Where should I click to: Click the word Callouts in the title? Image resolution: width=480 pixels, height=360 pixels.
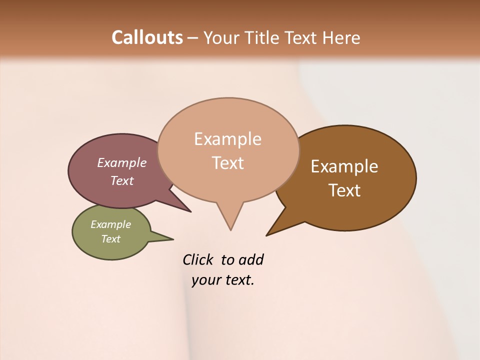(147, 37)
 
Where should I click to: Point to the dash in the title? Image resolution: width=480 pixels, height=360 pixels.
(193, 38)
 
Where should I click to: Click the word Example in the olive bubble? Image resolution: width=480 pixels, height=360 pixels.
(110, 224)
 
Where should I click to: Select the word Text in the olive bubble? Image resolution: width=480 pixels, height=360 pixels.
(110, 239)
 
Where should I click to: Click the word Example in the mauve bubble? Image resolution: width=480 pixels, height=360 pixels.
(121, 163)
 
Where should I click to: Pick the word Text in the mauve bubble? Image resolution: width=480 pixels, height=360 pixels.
(121, 180)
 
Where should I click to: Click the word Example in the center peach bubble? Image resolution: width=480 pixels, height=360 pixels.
(227, 139)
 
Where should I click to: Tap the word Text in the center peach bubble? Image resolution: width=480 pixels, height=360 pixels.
(227, 163)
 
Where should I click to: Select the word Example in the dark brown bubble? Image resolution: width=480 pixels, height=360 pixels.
(344, 166)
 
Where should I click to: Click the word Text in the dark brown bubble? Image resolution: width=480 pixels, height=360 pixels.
(344, 190)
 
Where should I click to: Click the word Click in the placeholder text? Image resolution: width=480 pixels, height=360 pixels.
(198, 259)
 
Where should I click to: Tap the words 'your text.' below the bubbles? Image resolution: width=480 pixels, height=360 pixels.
(223, 280)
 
